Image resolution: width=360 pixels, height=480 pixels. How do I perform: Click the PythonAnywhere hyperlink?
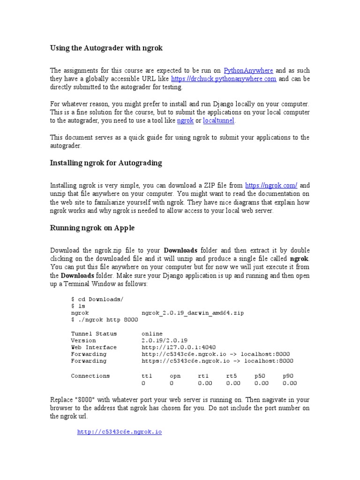[x=248, y=70]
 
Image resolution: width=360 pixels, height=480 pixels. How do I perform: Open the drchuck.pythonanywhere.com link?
[x=224, y=79]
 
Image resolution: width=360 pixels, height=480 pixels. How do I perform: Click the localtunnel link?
[x=218, y=120]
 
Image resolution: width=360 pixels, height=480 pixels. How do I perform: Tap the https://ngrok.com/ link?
[x=271, y=185]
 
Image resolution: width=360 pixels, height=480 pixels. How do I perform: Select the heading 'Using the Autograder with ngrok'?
[x=106, y=48]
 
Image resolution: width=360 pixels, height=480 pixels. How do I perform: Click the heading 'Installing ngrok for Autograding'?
[x=106, y=163]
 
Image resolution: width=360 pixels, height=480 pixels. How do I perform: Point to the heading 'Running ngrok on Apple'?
[x=92, y=228]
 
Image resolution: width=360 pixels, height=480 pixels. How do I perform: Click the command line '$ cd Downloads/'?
[x=97, y=299]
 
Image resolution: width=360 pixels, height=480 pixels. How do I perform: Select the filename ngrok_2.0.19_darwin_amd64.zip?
[x=192, y=313]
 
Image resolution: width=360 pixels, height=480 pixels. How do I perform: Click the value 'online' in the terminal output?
[x=152, y=334]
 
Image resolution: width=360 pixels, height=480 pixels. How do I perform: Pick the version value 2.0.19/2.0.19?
[x=164, y=340]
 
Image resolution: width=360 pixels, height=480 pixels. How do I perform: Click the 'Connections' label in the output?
[x=90, y=376]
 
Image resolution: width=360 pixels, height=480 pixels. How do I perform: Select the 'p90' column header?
[x=290, y=376]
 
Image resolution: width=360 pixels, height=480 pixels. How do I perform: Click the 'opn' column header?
[x=175, y=376]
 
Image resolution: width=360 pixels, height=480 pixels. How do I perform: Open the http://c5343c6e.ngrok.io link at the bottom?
[x=120, y=432]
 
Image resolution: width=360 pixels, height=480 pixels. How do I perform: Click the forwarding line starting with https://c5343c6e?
[x=217, y=361]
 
